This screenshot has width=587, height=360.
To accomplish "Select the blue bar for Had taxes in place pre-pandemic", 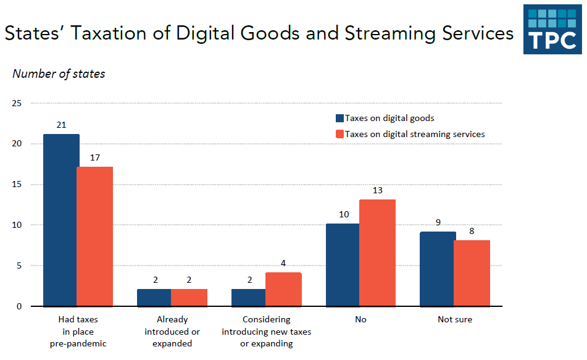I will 61,220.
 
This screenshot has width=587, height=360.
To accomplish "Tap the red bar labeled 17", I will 95,237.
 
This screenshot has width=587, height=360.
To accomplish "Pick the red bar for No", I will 378,253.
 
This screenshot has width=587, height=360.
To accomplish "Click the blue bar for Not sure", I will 438,269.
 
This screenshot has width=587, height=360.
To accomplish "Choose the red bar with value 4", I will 283,289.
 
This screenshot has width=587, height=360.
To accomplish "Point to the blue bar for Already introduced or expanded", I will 154,297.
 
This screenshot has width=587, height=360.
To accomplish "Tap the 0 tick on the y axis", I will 19,306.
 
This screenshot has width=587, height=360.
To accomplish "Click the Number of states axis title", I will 59,74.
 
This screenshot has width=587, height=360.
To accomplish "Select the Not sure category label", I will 455,320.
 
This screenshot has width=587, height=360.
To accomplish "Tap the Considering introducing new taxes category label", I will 267,332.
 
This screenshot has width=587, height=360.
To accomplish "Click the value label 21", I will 61,125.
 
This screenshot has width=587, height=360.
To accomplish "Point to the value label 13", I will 378,190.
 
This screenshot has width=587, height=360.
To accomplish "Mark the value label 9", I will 438,222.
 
